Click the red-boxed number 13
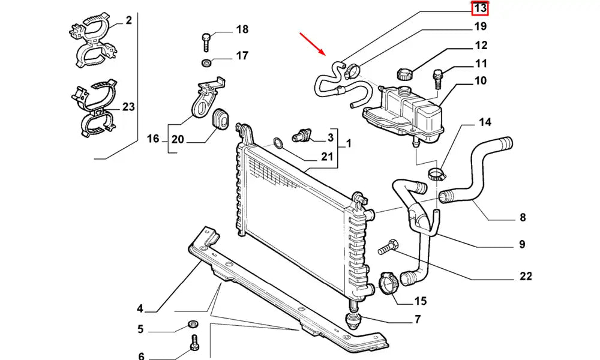pos(480,8)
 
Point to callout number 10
pos(481,81)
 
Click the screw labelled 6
pos(194,344)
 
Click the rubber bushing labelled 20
pos(220,118)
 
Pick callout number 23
pos(128,107)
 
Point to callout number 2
pos(128,21)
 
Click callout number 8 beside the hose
pos(522,217)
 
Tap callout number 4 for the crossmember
pos(140,309)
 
